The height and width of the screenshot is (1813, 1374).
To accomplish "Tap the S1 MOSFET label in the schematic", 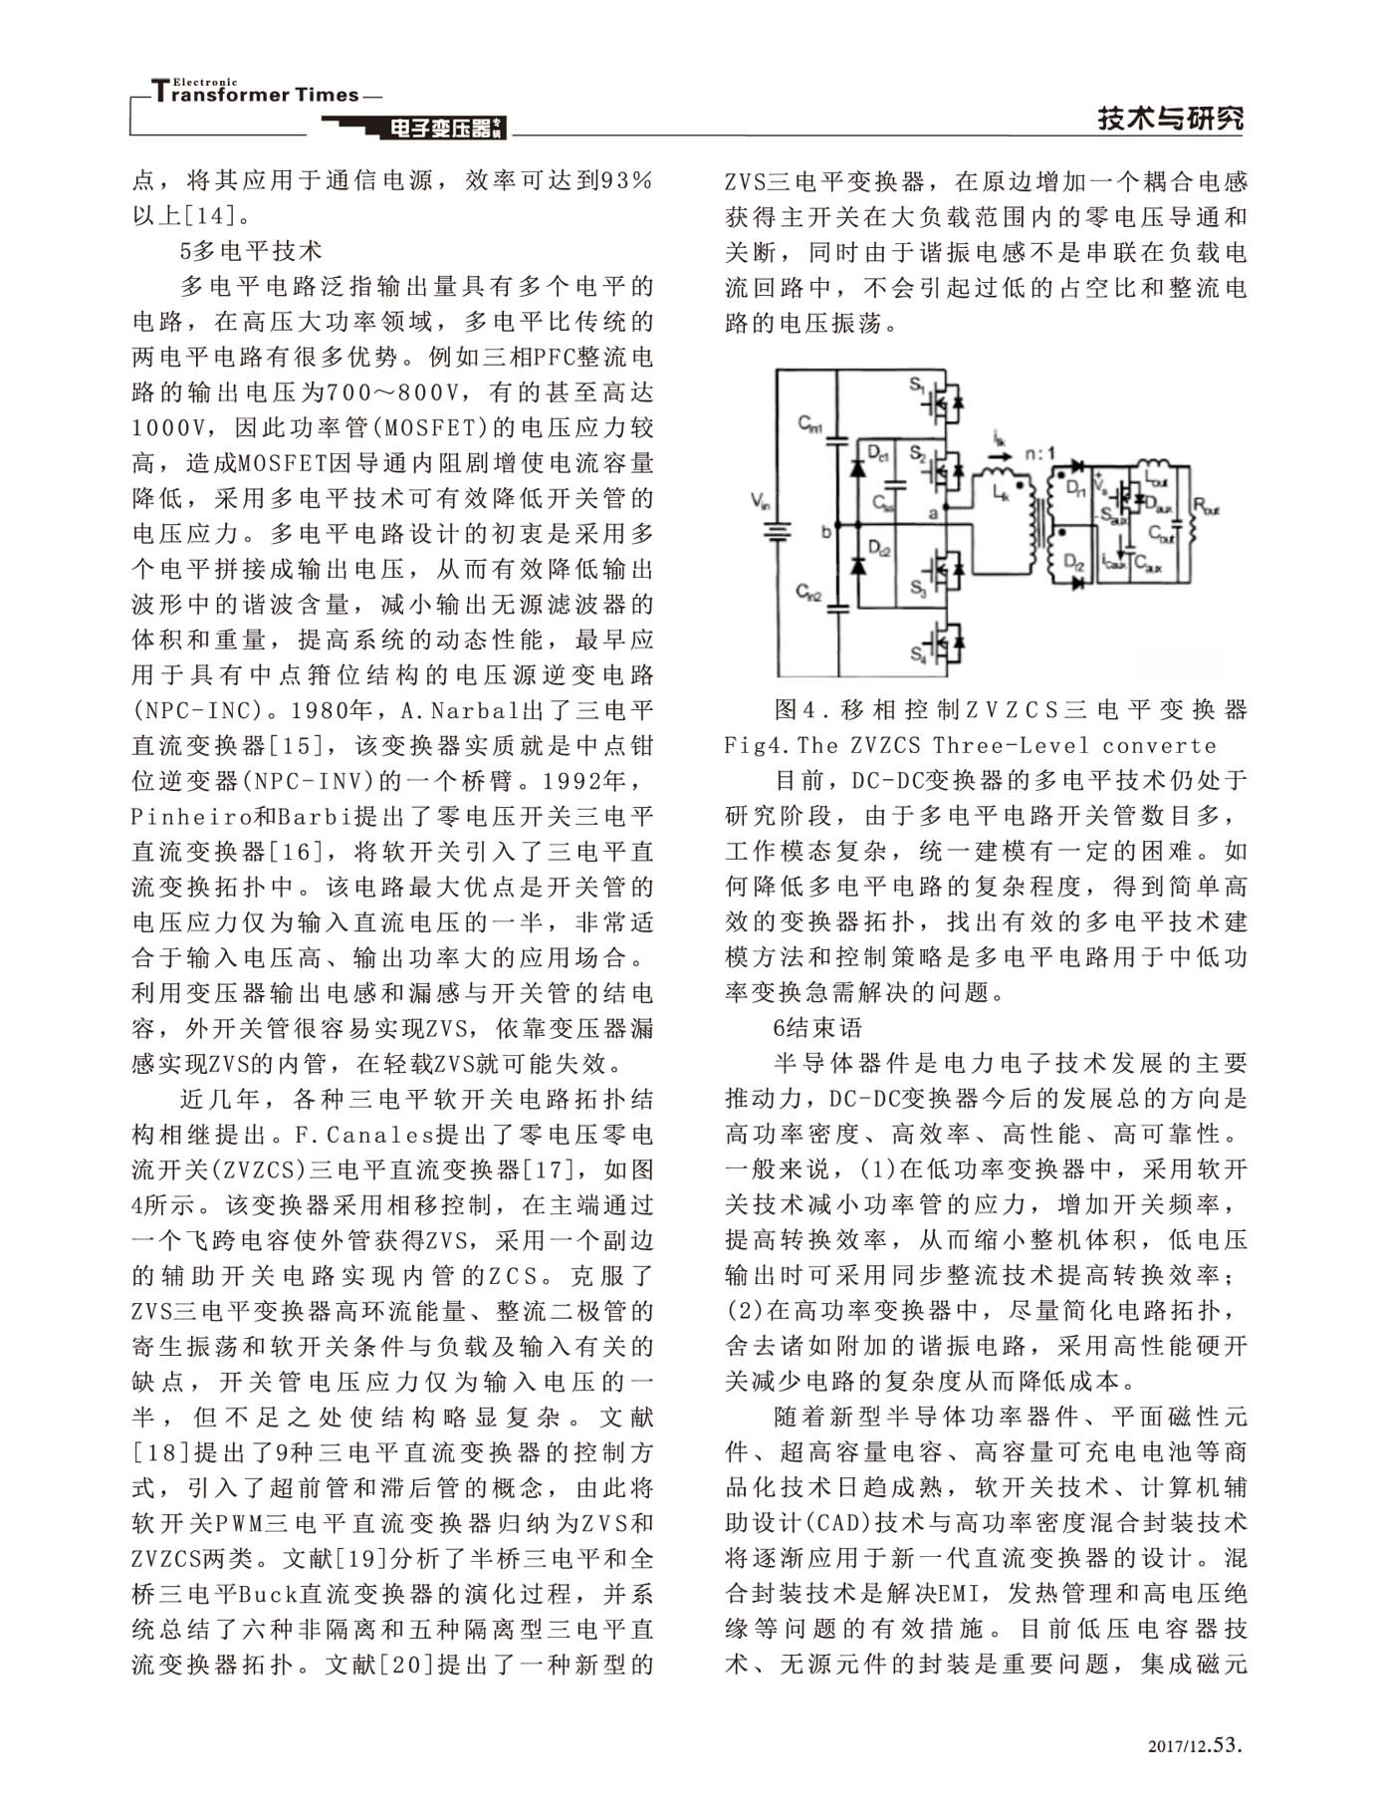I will tap(917, 383).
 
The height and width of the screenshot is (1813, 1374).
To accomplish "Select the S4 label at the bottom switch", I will tap(917, 653).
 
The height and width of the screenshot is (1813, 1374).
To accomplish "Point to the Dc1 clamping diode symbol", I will tap(855, 468).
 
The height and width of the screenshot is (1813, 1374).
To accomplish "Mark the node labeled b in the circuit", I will tap(825, 532).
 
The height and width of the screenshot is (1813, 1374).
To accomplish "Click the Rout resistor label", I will tap(1206, 508).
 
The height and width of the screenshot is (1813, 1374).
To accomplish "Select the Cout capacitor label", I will tap(1160, 534).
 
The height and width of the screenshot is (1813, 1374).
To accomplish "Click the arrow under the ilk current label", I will tap(999, 449).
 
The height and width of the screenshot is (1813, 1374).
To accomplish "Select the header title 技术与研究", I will tap(1171, 120).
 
